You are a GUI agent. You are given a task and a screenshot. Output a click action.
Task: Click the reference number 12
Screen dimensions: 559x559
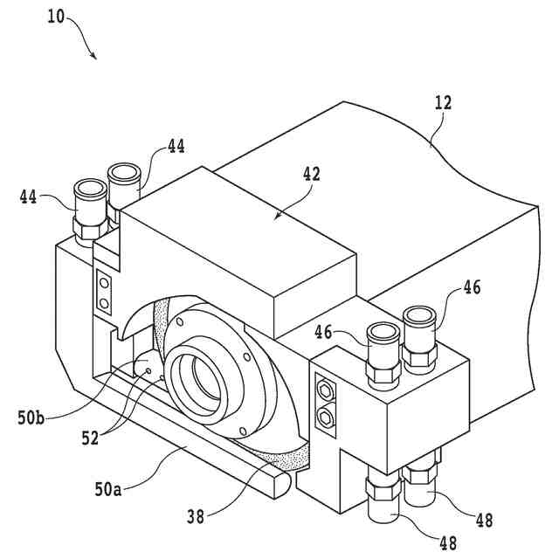tap(444, 103)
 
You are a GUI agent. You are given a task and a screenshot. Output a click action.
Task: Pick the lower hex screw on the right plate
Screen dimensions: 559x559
tap(327, 418)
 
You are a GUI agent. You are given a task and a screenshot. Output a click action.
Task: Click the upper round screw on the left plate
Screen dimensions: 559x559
tap(104, 285)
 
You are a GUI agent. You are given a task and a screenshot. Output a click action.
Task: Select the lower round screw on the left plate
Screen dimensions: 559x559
tap(104, 302)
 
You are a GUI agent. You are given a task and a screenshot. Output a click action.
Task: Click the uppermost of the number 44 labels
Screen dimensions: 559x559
tap(176, 147)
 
